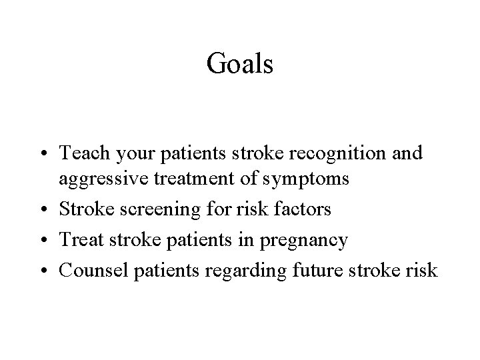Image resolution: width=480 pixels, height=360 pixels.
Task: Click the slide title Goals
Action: (x=240, y=64)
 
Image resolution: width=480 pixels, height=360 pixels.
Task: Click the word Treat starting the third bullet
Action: (x=79, y=241)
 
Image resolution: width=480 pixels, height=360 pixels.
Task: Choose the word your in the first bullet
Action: (x=131, y=155)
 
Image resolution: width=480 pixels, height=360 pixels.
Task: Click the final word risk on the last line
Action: (x=421, y=271)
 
